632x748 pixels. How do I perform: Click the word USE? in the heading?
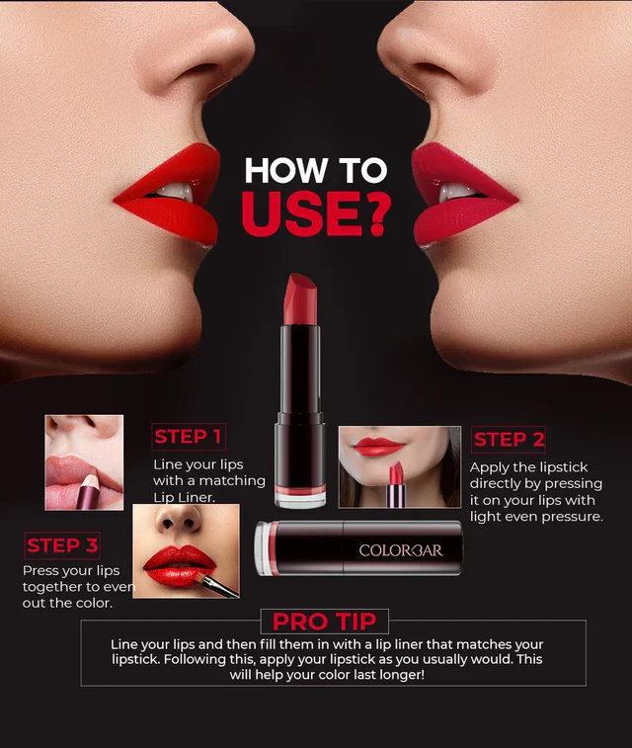click(x=314, y=212)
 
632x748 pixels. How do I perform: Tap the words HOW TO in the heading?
click(x=315, y=170)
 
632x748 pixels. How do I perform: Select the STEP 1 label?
click(x=189, y=437)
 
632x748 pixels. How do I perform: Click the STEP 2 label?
click(x=509, y=440)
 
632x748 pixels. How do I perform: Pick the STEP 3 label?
click(x=62, y=545)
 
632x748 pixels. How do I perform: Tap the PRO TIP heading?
click(x=324, y=622)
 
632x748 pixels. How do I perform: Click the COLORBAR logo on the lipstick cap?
click(x=400, y=550)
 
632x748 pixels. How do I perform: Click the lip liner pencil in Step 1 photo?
click(x=85, y=491)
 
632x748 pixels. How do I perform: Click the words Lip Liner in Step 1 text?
click(x=184, y=498)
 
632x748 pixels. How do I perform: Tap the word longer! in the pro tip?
click(x=394, y=676)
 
